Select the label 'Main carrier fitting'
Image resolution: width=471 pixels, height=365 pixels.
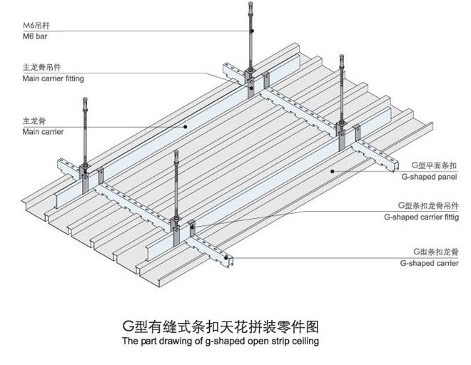[53, 78]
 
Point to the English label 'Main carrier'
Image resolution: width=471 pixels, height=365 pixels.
[43, 132]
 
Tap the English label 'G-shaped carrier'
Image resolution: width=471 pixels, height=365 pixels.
[431, 263]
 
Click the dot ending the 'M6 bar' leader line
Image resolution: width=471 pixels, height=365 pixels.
[251, 31]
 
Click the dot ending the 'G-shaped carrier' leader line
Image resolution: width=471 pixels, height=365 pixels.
[228, 258]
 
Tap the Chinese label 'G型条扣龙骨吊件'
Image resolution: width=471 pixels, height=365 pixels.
[426, 204]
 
